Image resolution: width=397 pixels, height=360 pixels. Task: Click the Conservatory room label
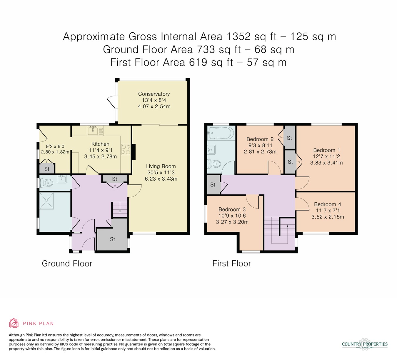[x=154, y=94]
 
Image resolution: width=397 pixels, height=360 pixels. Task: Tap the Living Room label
[x=161, y=166]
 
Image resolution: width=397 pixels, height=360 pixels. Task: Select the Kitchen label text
[x=100, y=144]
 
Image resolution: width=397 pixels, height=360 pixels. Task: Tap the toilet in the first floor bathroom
[x=214, y=164]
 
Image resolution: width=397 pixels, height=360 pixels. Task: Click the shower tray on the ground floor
[x=46, y=201]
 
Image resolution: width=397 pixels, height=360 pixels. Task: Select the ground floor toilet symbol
[x=46, y=183]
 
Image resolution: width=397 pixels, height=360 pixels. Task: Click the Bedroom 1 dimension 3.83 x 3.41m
[x=326, y=163]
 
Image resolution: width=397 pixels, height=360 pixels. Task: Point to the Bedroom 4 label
[x=328, y=204]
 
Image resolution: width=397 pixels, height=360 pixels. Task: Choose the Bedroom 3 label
[x=232, y=209]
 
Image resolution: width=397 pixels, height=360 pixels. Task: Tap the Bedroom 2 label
[x=260, y=139]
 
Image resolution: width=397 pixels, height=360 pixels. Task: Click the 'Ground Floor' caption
[x=67, y=264]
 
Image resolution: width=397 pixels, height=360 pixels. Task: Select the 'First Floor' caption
[x=231, y=264]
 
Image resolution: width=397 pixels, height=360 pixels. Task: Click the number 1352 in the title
[x=238, y=36]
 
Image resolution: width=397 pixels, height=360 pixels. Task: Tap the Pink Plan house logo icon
[x=14, y=323]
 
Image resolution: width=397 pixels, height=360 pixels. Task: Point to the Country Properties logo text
[x=365, y=344]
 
